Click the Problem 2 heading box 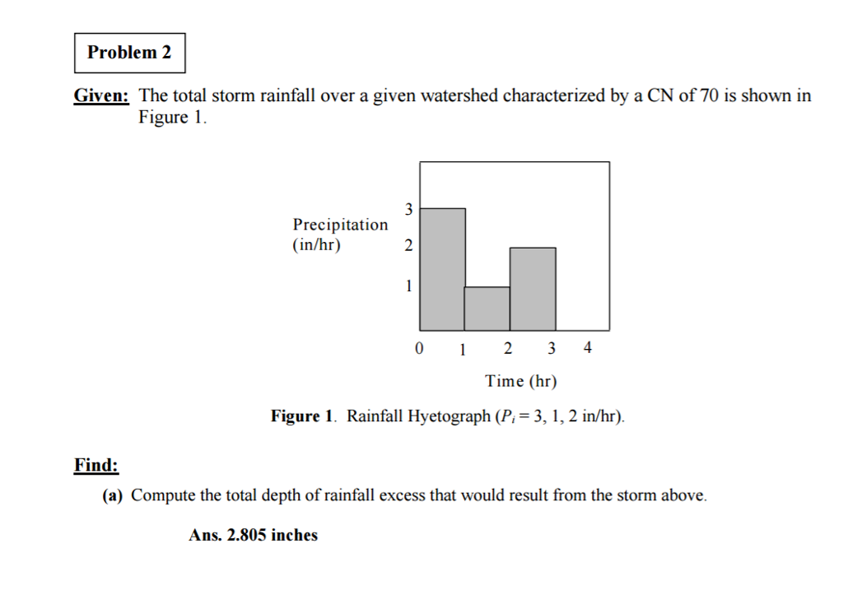[129, 53]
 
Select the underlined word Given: [101, 95]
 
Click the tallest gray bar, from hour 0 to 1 [443, 269]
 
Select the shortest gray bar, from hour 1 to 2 [487, 309]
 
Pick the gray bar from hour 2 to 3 [533, 289]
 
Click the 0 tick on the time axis [419, 348]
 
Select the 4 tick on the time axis [586, 348]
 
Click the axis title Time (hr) [521, 381]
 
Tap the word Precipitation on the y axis [340, 225]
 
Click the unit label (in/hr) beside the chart [317, 244]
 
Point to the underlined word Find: [96, 465]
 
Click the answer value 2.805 [248, 535]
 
